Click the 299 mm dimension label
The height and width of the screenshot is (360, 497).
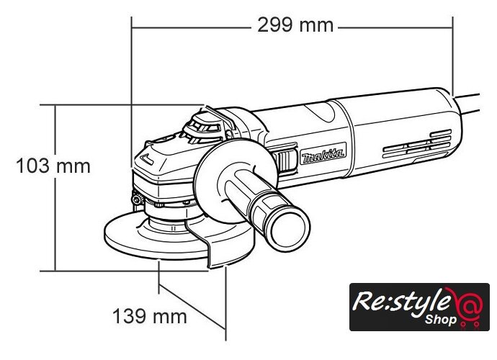tap(295, 25)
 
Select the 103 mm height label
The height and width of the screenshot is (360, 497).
tap(53, 166)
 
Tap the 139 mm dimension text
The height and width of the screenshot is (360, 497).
tap(150, 316)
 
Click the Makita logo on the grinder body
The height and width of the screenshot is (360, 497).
tap(323, 154)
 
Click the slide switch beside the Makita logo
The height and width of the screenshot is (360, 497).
tap(285, 161)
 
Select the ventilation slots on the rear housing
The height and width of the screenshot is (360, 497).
tap(417, 144)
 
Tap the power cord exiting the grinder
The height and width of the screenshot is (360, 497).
tap(467, 103)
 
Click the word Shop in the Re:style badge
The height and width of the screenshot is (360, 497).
tap(441, 320)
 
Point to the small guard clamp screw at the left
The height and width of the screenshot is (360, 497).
tap(138, 199)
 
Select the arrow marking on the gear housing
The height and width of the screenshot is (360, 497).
tap(146, 159)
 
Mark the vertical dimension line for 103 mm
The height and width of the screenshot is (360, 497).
tap(55, 188)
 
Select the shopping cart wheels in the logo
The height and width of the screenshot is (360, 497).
tap(470, 325)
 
